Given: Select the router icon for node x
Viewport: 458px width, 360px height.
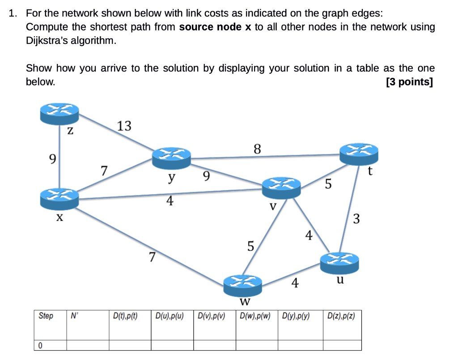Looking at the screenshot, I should tap(59, 199).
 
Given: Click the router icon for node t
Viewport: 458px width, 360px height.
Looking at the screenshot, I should tap(359, 154).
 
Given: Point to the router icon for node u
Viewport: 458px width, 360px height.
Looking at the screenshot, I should tap(340, 262).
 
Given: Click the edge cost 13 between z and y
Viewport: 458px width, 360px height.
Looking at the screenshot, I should tap(124, 127).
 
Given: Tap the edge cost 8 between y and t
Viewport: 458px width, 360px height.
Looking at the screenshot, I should tap(257, 148).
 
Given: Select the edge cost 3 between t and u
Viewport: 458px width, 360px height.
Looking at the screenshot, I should tap(356, 219).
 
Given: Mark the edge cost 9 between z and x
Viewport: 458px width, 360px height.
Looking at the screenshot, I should tap(53, 159).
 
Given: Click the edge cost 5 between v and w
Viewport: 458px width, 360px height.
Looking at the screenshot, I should tap(250, 246).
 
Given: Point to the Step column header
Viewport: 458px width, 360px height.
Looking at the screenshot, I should tap(46, 316).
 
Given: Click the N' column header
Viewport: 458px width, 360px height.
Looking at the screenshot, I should tap(74, 316).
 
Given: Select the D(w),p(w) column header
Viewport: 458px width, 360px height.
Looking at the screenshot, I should tap(255, 316).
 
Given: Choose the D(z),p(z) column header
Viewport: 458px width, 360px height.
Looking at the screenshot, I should tap(341, 316).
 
